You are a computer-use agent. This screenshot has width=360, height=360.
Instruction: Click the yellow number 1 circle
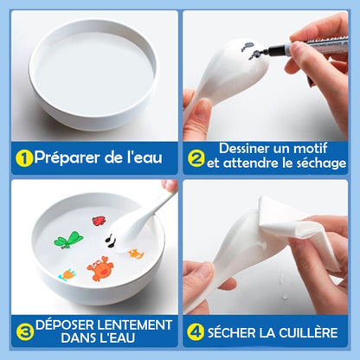coord(24,158)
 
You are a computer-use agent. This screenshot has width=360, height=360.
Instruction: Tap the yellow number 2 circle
coord(196,157)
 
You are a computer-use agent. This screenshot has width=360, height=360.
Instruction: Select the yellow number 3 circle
coord(25,331)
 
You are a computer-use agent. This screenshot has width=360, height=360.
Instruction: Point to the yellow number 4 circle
coord(196,331)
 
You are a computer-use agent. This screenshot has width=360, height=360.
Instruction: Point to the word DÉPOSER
coord(64,325)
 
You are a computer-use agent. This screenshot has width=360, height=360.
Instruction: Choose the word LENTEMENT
coord(133,325)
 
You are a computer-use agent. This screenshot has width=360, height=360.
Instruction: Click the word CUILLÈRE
coord(308,332)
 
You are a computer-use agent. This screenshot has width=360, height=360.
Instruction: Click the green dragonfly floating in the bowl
coord(68,240)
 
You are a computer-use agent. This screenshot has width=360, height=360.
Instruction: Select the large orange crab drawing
coord(100,269)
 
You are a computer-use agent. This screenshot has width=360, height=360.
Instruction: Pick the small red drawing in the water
coord(99,221)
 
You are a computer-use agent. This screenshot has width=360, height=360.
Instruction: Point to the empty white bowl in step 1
coord(93,74)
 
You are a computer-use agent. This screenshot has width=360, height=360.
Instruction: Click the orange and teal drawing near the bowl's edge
coord(68,274)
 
